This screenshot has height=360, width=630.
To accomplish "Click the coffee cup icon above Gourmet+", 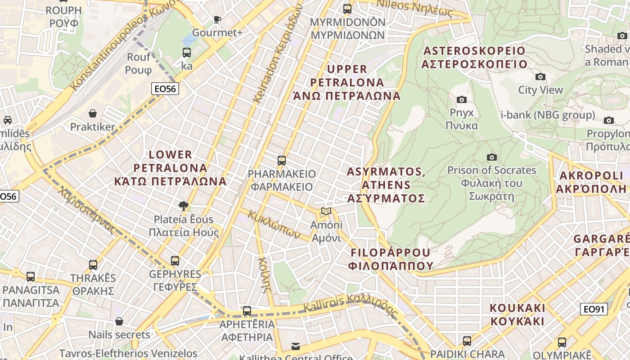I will point(217,19).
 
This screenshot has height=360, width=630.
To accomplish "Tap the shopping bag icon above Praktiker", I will point(93,113).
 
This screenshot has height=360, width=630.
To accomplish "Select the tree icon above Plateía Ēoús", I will point(183,206).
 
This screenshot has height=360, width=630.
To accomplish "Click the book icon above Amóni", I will point(326,211).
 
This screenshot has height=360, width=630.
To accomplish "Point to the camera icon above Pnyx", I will point(461,99).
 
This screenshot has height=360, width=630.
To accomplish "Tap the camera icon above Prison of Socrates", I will point(491,157).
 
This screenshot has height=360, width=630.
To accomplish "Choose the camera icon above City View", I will point(540,76).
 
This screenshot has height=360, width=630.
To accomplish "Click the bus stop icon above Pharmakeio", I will point(282,160).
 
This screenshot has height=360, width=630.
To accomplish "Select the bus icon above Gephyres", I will point(175,261).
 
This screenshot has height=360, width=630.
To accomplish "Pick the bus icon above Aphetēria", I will point(247,310).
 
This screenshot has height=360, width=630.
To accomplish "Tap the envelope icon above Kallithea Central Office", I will point(296,346).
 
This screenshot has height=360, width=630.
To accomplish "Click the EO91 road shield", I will point(594,309).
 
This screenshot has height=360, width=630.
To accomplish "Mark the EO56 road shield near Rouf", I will point(165,89).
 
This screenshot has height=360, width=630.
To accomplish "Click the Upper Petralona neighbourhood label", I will point(347,82).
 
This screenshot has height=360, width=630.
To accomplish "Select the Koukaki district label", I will point(517,315).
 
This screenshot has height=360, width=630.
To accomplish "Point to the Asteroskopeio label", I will point(474,57).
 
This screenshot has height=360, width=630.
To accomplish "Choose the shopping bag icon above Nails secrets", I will point(119,321).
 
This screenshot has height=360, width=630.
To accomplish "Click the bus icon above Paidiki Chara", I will point(467,341).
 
